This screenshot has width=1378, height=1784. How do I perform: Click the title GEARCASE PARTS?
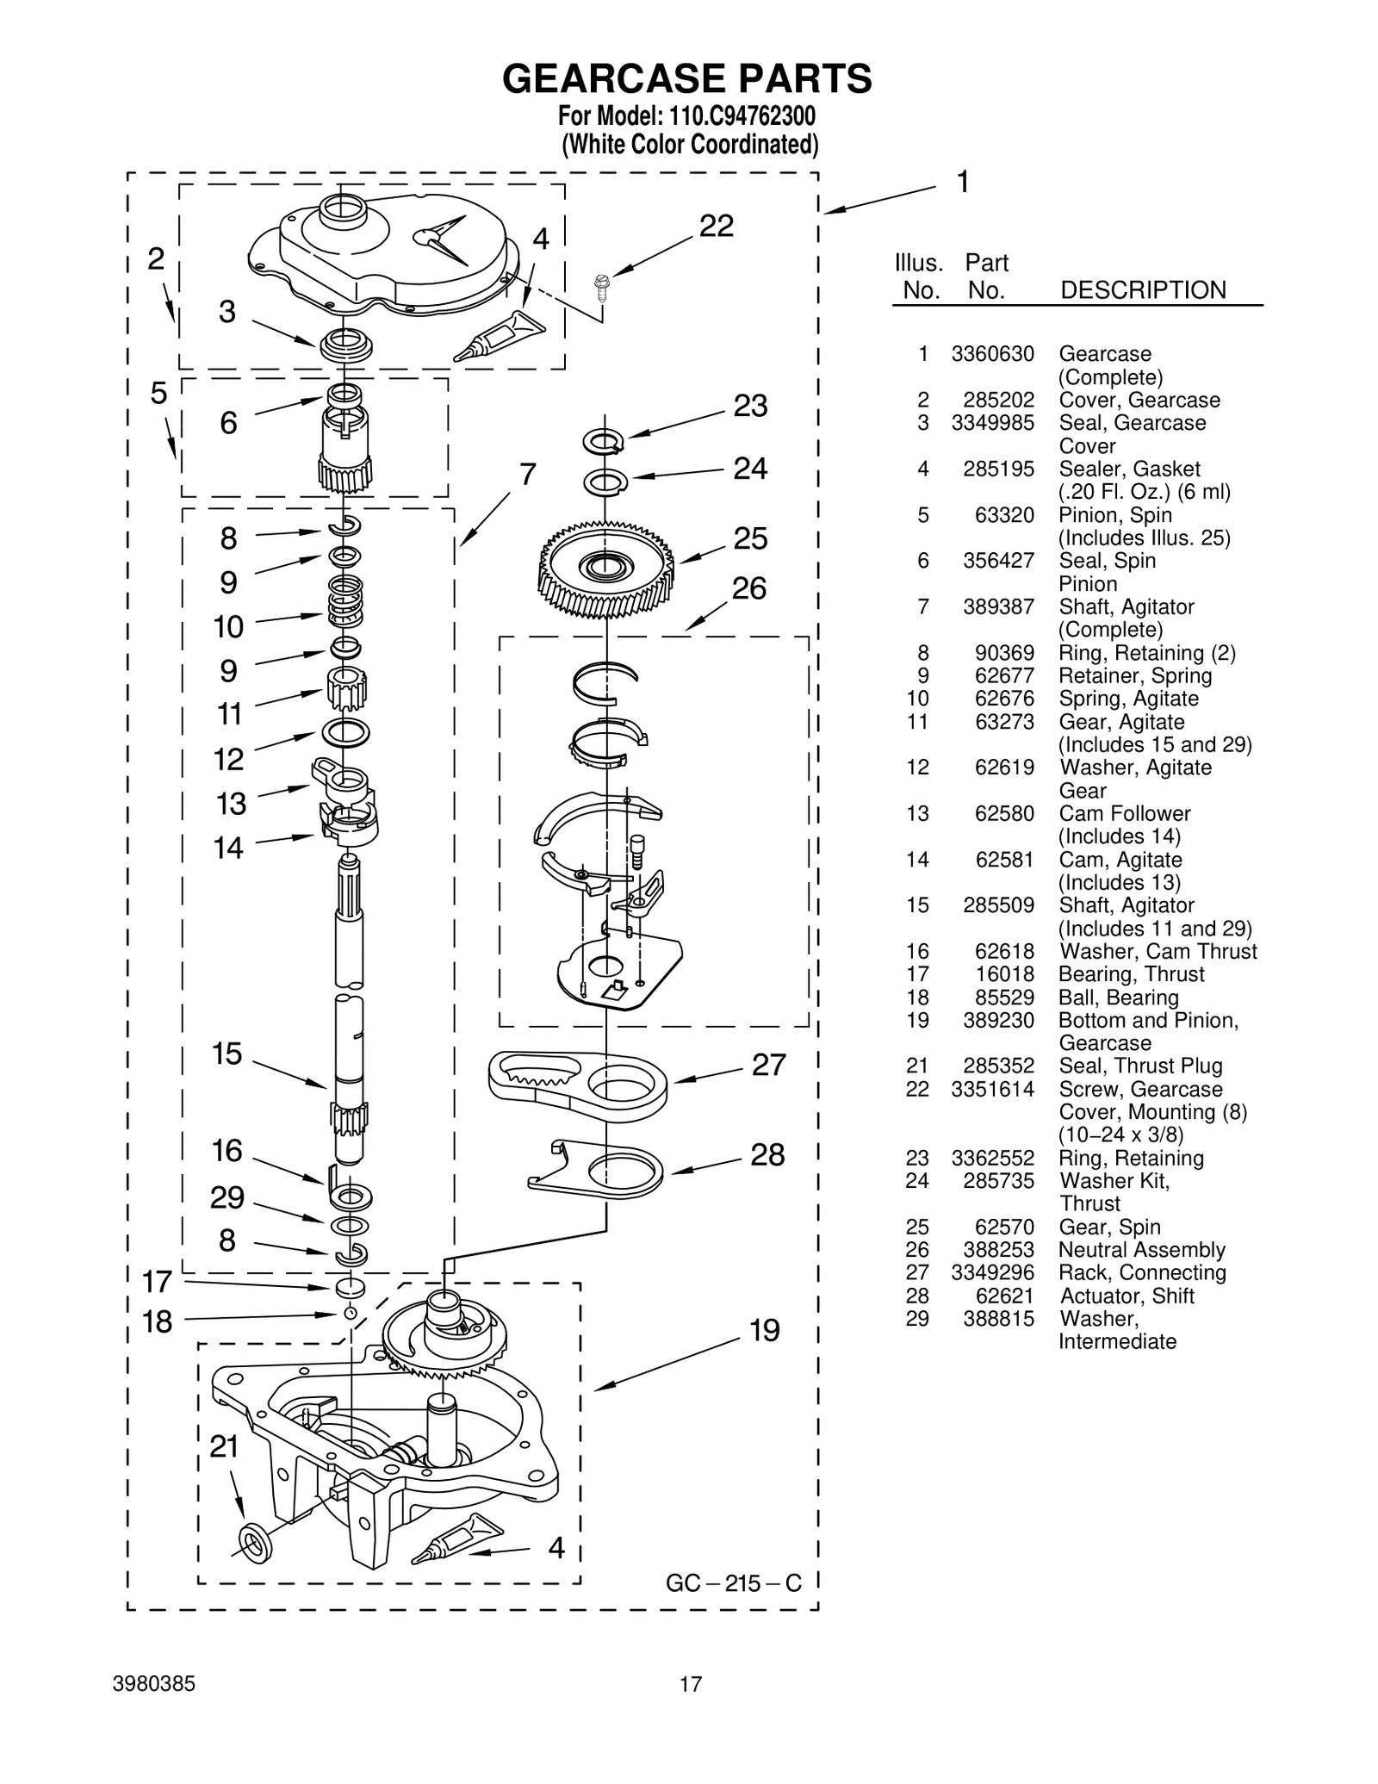pyautogui.click(x=686, y=78)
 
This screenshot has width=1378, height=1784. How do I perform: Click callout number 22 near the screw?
pyautogui.click(x=716, y=226)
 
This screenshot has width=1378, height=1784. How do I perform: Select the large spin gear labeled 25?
pyautogui.click(x=606, y=569)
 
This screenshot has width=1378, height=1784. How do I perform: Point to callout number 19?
pyautogui.click(x=764, y=1330)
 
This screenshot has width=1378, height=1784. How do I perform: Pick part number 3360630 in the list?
pyautogui.click(x=992, y=354)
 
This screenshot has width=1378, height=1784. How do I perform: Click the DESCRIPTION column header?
pyautogui.click(x=1143, y=290)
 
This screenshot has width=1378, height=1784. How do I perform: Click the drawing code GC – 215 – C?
pyautogui.click(x=733, y=1582)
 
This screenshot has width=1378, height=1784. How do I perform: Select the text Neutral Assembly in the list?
pyautogui.click(x=1141, y=1250)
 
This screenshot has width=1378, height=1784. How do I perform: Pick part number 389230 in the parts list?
pyautogui.click(x=998, y=1020)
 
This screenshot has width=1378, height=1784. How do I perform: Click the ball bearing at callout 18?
pyautogui.click(x=350, y=1313)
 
